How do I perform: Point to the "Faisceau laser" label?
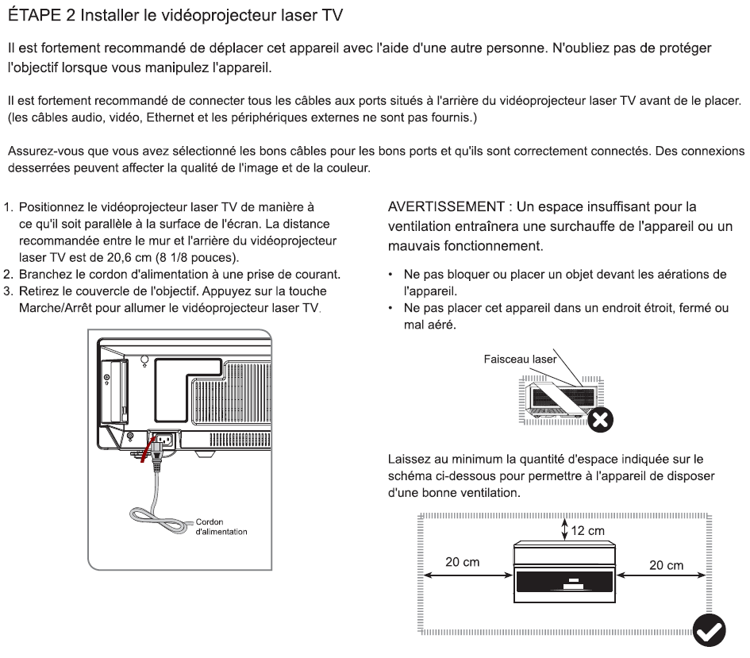click(x=520, y=359)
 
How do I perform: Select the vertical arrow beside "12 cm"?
click(x=565, y=530)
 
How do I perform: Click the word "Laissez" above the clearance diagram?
click(x=410, y=460)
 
